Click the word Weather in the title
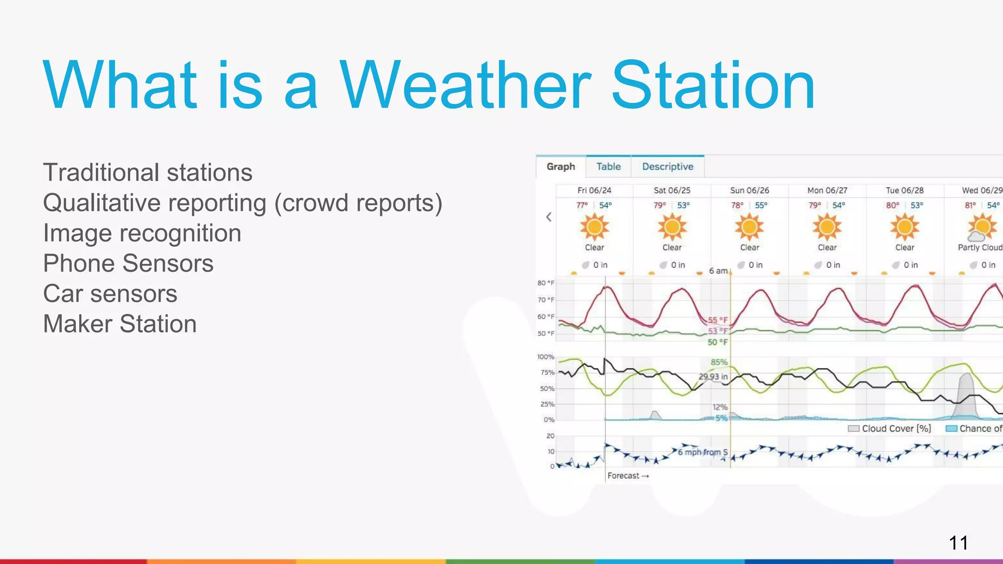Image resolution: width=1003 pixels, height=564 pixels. (465, 86)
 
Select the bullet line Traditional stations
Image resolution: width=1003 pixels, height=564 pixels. (147, 173)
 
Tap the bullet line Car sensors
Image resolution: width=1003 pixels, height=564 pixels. (110, 294)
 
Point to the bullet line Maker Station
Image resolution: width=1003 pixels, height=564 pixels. (119, 324)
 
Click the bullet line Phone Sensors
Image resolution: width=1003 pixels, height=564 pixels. (128, 263)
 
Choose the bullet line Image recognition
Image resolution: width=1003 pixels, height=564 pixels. (142, 233)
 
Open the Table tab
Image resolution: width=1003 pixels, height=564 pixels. (608, 166)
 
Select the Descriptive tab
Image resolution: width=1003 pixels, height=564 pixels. (668, 166)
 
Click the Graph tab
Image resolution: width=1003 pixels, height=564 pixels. (561, 166)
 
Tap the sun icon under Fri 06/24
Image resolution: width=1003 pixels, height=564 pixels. (595, 227)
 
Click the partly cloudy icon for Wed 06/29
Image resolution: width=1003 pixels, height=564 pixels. (981, 228)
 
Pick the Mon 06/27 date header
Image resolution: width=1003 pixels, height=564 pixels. (827, 190)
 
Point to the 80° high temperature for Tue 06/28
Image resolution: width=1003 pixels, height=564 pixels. (892, 206)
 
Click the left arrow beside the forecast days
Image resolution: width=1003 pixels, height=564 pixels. (549, 217)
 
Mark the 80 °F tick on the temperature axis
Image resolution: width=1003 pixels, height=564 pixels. (546, 283)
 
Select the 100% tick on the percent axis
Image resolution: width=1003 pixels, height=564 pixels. (546, 357)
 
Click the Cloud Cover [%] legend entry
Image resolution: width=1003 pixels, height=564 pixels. (890, 429)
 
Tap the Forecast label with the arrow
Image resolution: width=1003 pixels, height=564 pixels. (628, 476)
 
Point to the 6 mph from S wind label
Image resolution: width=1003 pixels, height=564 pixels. (702, 452)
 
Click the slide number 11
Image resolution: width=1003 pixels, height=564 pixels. (958, 543)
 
